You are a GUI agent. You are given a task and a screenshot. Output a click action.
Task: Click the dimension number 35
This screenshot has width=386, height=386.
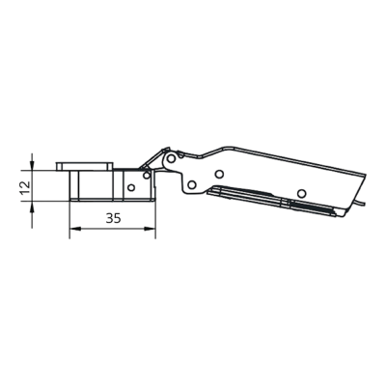pos(113,218)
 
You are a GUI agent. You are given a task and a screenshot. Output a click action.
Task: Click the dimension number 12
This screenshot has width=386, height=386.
pos(25,187)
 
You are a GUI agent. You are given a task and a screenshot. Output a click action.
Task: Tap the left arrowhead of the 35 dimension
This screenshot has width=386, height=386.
pos(74,229)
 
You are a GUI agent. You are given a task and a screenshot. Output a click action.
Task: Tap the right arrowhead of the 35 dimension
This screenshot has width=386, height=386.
pos(151,229)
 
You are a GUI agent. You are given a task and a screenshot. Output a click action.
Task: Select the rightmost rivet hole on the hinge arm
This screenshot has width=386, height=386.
pos(301,193)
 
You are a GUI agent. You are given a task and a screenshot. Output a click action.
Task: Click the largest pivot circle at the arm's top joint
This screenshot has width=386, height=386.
pos(172,158)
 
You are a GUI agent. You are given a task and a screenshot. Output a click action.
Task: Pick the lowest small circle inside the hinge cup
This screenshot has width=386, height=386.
pos(131,187)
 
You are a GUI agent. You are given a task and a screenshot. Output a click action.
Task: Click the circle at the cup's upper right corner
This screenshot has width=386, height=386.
pos(147,176)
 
